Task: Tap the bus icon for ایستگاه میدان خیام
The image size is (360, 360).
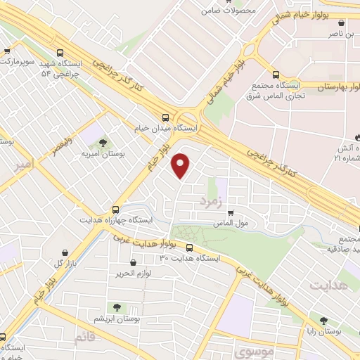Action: coord(165,118)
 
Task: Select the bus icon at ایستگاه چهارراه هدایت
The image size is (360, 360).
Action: coord(116,209)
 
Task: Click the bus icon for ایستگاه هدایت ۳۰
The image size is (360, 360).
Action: coord(190,247)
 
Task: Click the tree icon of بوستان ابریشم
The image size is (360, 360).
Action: coord(116,307)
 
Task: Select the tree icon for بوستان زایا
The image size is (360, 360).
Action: coord(324,319)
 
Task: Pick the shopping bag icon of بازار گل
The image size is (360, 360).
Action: coord(65,252)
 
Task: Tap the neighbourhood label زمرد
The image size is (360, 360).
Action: coord(210,202)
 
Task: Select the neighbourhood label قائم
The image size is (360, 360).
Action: coord(84,337)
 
